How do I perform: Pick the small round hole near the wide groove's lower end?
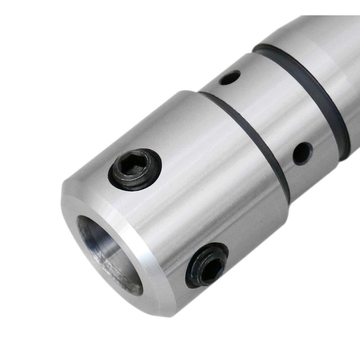click(x=302, y=153)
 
